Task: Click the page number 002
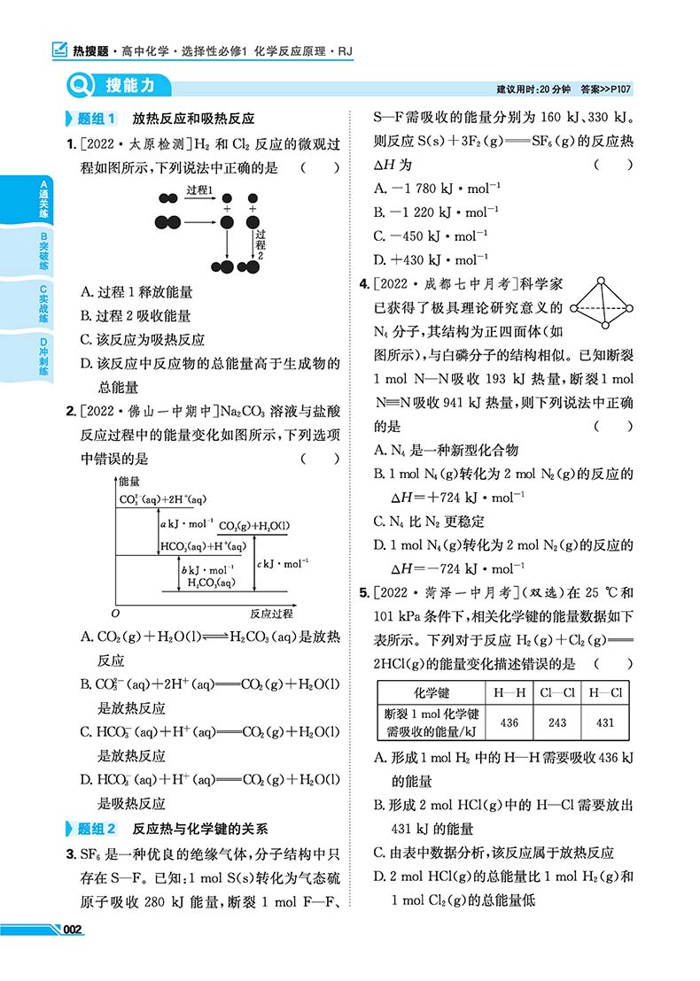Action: click(x=72, y=929)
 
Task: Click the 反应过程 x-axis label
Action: click(x=271, y=613)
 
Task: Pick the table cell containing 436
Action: click(x=509, y=722)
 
